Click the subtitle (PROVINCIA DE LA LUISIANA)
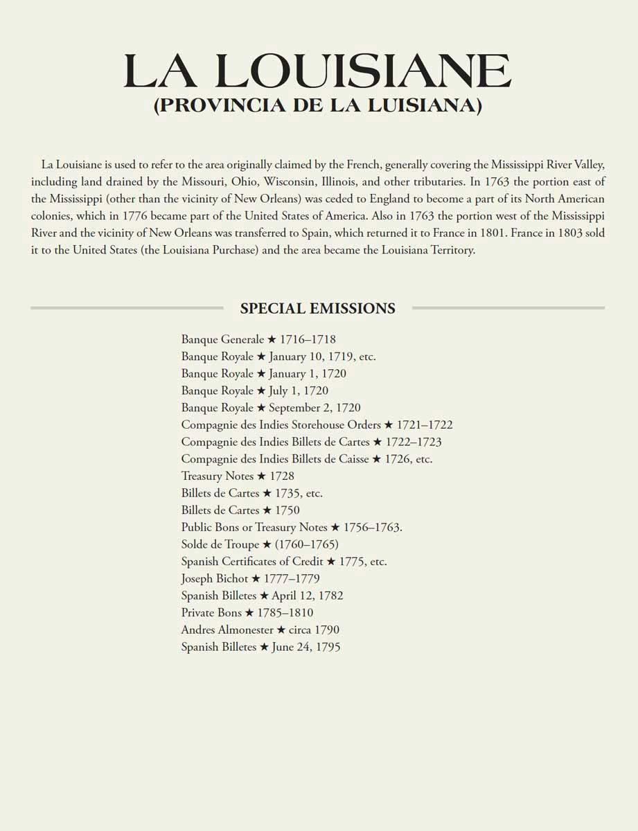click(318, 105)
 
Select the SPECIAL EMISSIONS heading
click(318, 308)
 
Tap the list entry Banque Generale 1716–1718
click(258, 339)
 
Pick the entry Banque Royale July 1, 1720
click(255, 391)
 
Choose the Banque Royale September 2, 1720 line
click(271, 408)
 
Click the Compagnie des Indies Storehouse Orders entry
click(317, 425)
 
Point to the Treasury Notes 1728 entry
click(238, 476)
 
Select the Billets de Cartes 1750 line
click(240, 510)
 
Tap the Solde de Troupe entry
click(260, 544)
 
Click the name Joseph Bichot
click(214, 578)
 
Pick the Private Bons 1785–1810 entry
click(247, 613)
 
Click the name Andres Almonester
click(227, 629)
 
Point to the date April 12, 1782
click(307, 596)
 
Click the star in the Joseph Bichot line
click(256, 578)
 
